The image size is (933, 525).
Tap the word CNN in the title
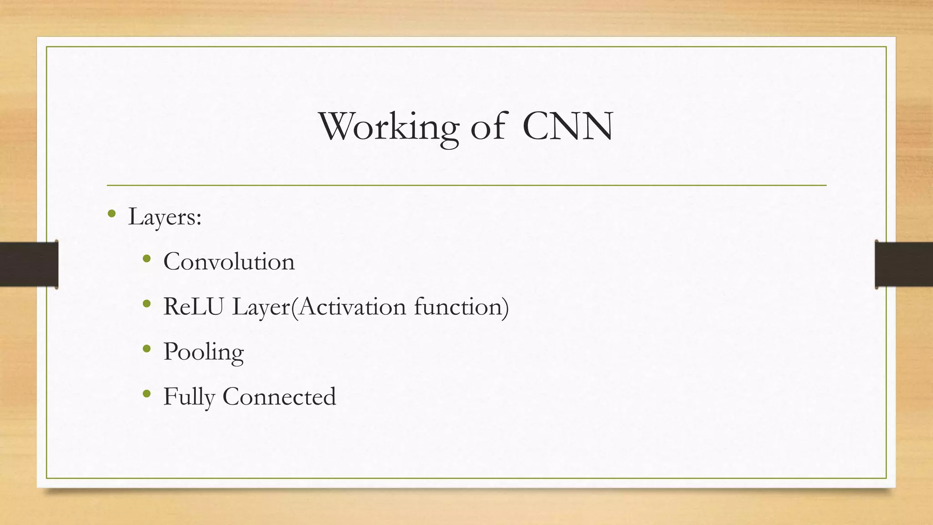(x=568, y=126)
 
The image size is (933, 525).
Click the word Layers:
(x=165, y=217)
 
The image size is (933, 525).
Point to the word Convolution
(x=229, y=262)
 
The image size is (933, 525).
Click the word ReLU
(x=193, y=307)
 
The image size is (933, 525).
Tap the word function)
(x=461, y=307)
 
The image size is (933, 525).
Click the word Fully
(x=189, y=397)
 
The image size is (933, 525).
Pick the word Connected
(x=279, y=397)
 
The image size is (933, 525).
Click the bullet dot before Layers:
(x=112, y=213)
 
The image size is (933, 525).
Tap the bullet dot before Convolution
(x=146, y=259)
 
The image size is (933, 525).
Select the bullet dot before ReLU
(x=146, y=304)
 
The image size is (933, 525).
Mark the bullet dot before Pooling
(x=146, y=349)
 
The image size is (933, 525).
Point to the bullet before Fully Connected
(x=146, y=393)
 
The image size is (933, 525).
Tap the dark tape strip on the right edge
(x=904, y=264)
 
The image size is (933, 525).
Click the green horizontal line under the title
(x=466, y=185)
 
